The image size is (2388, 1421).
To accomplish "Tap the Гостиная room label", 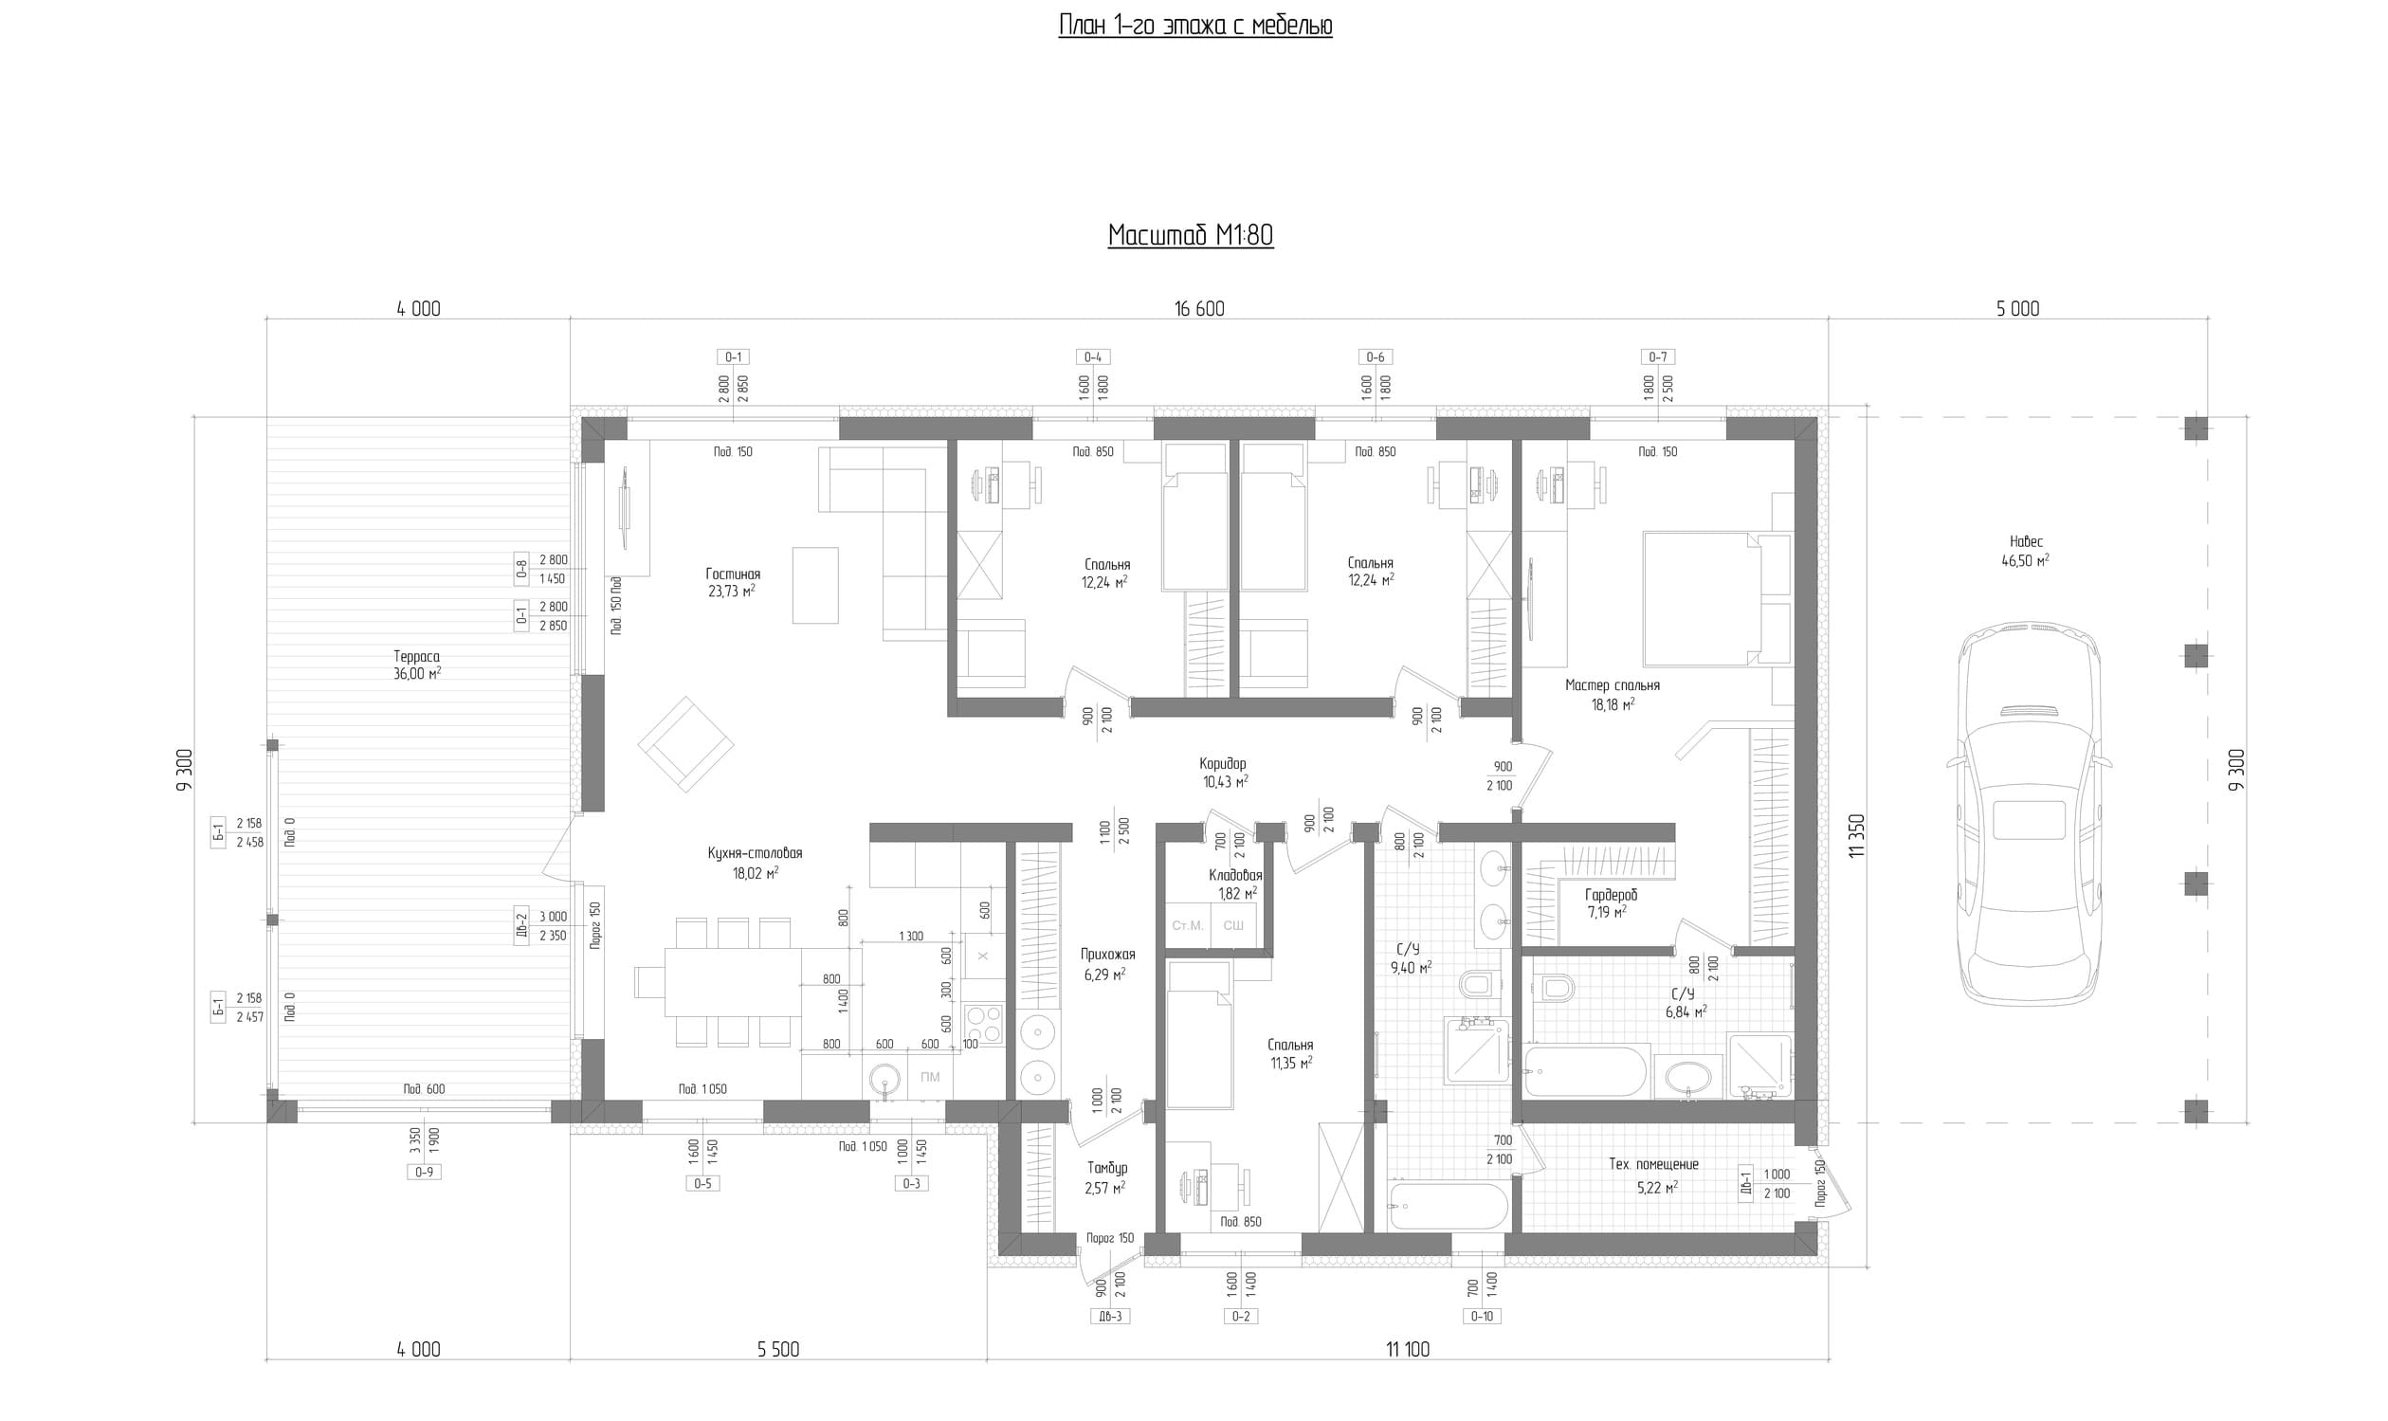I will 733,574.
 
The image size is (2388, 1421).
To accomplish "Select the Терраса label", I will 416,657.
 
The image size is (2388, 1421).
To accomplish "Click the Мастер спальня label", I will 1613,685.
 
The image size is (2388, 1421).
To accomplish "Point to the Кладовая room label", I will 1235,875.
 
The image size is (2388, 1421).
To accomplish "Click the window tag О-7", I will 1657,357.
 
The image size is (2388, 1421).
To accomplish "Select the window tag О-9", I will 423,1172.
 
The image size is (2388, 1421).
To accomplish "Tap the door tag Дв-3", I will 1110,1317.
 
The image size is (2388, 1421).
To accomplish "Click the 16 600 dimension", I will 1199,308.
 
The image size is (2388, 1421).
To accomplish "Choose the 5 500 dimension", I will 777,1349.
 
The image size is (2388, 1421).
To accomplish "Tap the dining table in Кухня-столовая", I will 735,981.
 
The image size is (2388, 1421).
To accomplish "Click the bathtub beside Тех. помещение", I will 1448,1207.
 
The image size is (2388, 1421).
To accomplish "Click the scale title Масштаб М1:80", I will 1190,235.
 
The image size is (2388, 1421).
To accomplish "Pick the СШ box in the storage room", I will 1233,925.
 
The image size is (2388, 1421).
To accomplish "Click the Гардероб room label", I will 1612,894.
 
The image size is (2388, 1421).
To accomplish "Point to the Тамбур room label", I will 1107,1168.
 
